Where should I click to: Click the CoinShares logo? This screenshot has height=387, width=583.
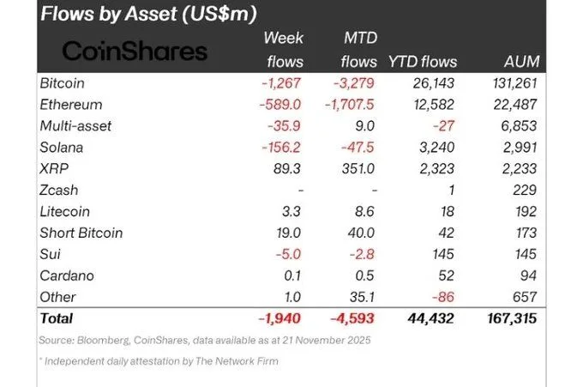[x=135, y=51]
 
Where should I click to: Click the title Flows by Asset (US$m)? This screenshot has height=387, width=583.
[x=148, y=15]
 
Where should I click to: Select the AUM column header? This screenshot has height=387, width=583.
[x=520, y=62]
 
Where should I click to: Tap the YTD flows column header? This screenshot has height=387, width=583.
[x=423, y=62]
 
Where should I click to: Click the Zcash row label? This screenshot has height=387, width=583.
[x=61, y=190]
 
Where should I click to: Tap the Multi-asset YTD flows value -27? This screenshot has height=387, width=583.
[x=443, y=126]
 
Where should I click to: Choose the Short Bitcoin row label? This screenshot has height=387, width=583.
[x=81, y=233]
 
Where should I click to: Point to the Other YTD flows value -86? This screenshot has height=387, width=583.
[x=443, y=298]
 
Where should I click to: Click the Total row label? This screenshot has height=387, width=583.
[x=58, y=318]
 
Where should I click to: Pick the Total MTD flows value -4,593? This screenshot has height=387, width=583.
[x=352, y=318]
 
